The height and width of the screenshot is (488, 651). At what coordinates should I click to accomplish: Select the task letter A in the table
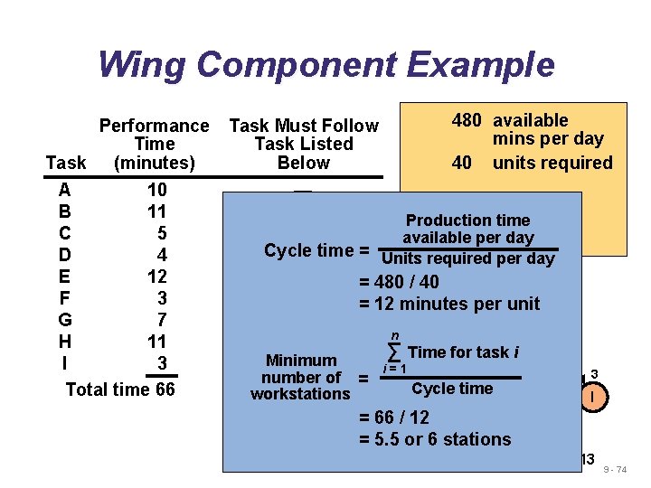(64, 191)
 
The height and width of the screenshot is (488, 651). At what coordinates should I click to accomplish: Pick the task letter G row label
(64, 320)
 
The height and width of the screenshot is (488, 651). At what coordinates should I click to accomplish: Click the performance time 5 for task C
(162, 233)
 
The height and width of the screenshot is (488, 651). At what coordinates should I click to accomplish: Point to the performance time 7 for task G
(162, 320)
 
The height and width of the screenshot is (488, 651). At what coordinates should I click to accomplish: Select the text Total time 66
(120, 389)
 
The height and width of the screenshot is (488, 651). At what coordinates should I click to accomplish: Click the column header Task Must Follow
(304, 126)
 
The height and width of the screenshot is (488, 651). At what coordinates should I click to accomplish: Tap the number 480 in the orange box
(467, 120)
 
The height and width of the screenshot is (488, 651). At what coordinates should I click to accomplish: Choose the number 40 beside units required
(462, 163)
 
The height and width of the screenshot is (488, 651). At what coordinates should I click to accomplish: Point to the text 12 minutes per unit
(458, 304)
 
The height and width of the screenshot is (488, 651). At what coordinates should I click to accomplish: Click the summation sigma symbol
(394, 352)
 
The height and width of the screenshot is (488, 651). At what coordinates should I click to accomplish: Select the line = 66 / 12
(394, 418)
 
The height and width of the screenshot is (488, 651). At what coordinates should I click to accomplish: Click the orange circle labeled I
(593, 397)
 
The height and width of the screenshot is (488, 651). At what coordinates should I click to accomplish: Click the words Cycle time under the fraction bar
(452, 389)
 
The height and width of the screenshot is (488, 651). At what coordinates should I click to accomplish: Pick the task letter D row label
(64, 255)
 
